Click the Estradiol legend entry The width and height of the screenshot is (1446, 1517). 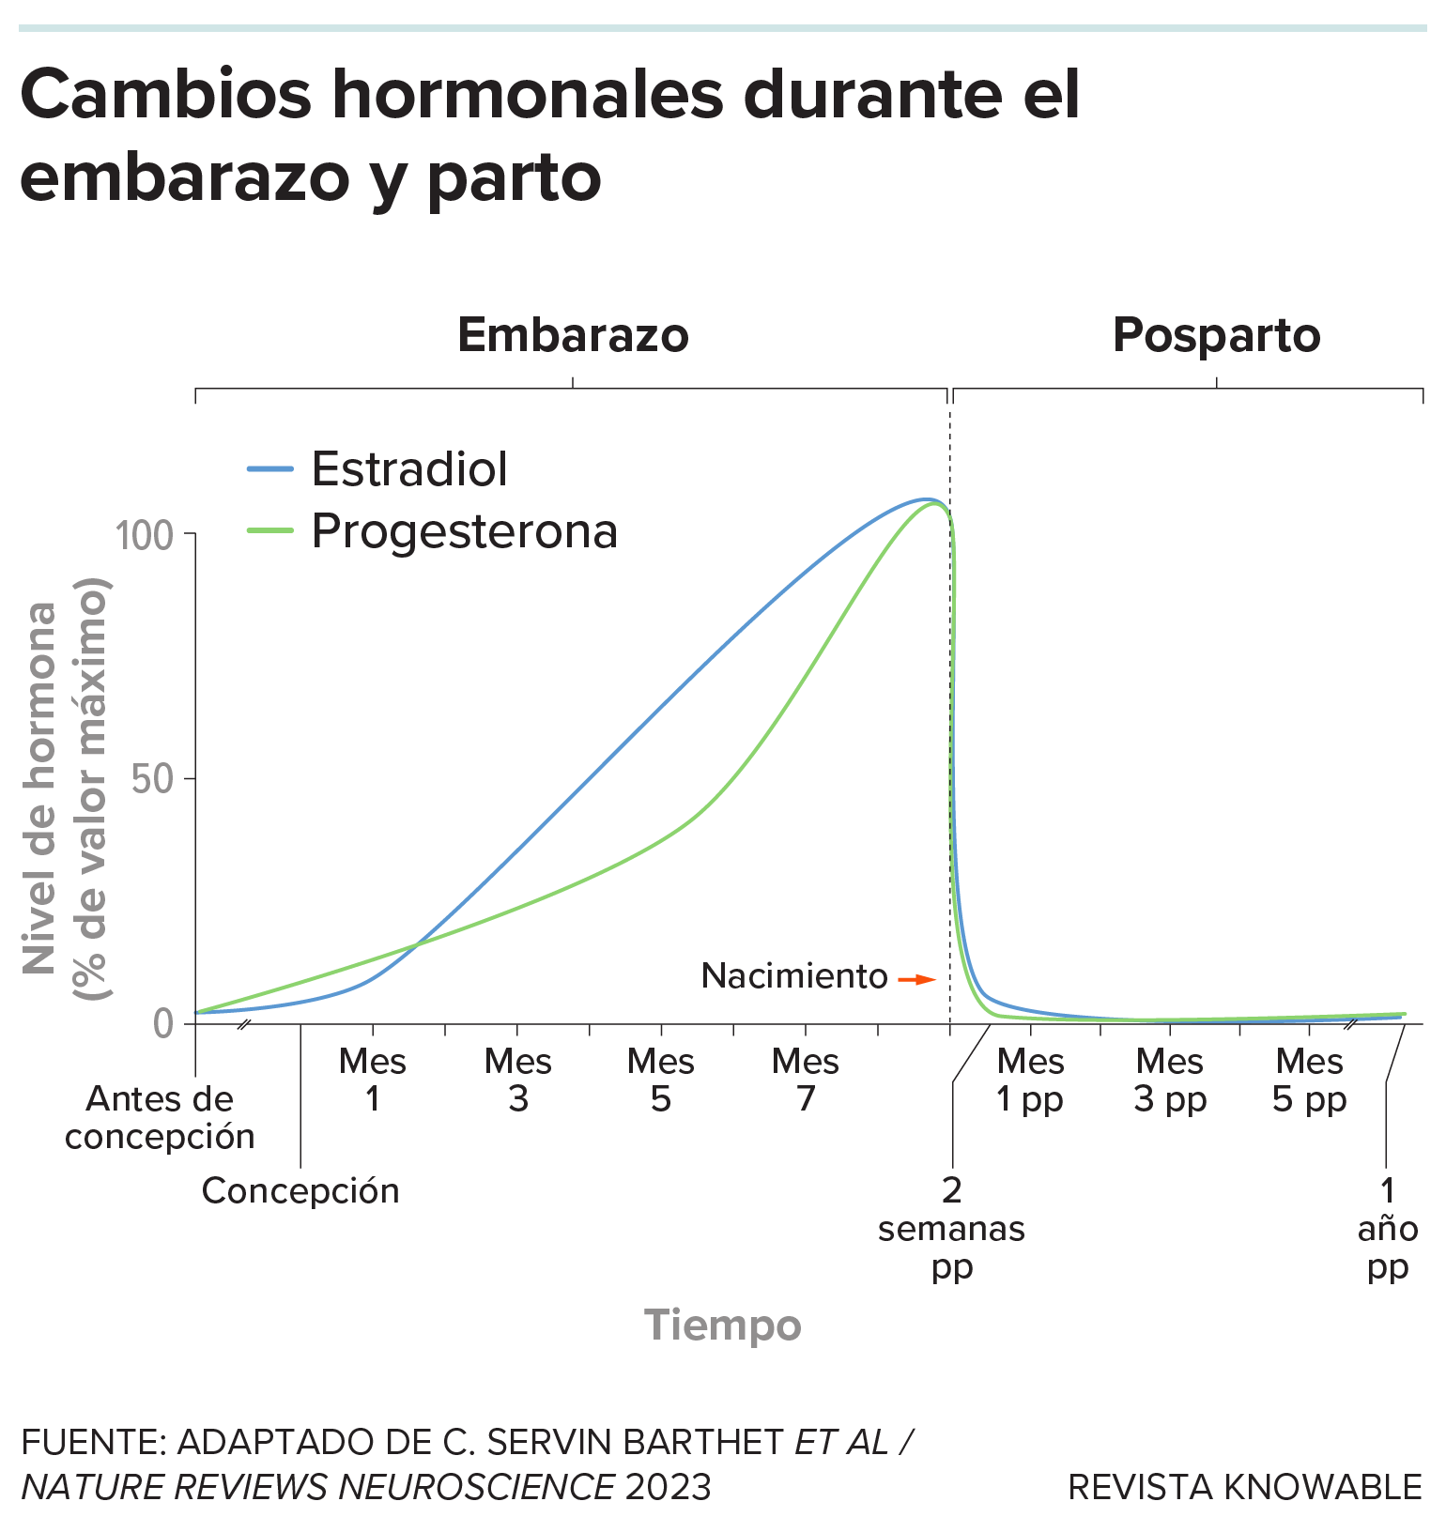click(408, 468)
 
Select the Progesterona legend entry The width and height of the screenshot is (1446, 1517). click(464, 531)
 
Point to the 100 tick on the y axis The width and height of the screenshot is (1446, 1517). click(144, 536)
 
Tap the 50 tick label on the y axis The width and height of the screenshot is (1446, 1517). click(152, 779)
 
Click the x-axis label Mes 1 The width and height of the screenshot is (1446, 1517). click(373, 1080)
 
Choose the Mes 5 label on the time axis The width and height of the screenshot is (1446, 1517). click(661, 1080)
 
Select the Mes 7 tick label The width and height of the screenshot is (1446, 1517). click(806, 1080)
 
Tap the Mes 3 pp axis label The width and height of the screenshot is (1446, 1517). click(1170, 1080)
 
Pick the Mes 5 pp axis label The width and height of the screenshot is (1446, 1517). click(1310, 1080)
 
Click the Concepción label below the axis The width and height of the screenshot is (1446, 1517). click(300, 1190)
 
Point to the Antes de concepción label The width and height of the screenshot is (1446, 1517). click(160, 1117)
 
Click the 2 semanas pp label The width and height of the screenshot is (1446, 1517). click(951, 1228)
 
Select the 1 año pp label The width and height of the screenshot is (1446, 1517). click(1387, 1228)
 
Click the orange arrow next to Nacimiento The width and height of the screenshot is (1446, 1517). click(916, 979)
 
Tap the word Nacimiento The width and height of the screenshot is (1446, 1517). click(794, 976)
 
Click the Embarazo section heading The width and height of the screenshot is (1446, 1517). click(573, 335)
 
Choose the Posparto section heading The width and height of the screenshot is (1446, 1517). click(1216, 335)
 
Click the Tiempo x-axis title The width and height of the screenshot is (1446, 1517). click(722, 1325)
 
